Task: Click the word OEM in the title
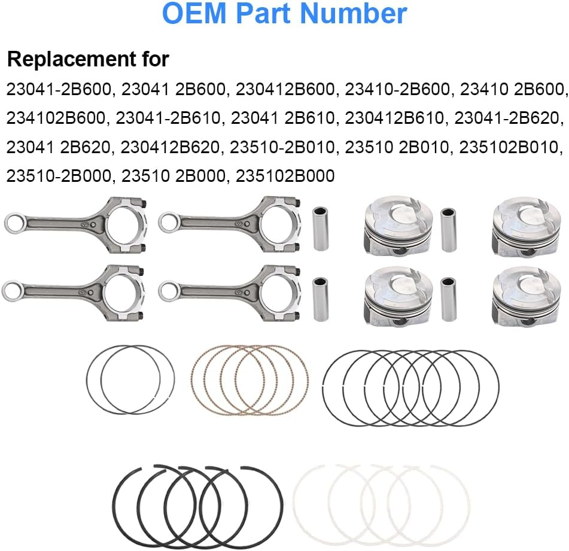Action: point(194,13)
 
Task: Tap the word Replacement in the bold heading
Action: point(72,59)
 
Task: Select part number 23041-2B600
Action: point(58,89)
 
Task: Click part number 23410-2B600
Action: point(397,89)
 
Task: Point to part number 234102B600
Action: point(56,118)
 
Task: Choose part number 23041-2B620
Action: point(506,118)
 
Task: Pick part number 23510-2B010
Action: point(282,147)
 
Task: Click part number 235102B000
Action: point(285,176)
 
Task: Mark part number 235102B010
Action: point(509,147)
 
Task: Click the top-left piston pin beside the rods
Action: point(321,229)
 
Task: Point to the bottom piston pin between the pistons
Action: point(448,299)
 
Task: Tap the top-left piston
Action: point(398,227)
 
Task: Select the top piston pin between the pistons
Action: point(448,230)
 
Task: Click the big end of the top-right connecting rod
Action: point(279,224)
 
